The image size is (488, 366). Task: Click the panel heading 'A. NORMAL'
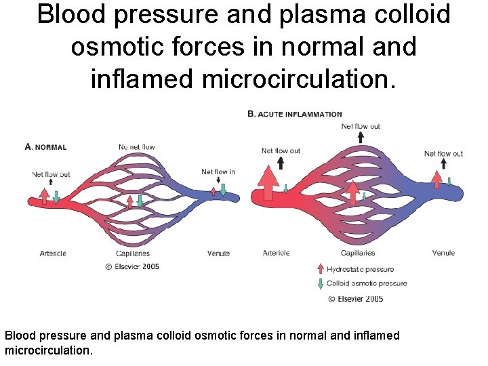coord(45,147)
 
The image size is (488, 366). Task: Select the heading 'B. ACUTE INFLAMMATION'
coord(295,114)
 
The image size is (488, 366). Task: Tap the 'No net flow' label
coord(137,147)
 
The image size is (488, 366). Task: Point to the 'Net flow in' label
coord(218,171)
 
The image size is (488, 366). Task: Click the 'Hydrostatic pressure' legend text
coord(360,269)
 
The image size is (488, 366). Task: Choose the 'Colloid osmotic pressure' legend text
coord(367,283)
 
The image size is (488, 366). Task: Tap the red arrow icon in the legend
coord(320,268)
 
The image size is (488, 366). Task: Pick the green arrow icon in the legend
coord(320,284)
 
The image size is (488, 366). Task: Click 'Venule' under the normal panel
coord(218,253)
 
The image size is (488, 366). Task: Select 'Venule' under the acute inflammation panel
coord(443,253)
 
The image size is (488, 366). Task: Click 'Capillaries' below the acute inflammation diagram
coord(358,253)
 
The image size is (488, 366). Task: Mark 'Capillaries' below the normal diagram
coord(133,253)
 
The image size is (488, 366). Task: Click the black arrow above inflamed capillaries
coord(361,136)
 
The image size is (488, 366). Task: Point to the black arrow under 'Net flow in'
coord(218,180)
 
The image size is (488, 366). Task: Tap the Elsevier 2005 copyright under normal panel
coord(132,266)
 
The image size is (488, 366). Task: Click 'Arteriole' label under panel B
coord(276,253)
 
